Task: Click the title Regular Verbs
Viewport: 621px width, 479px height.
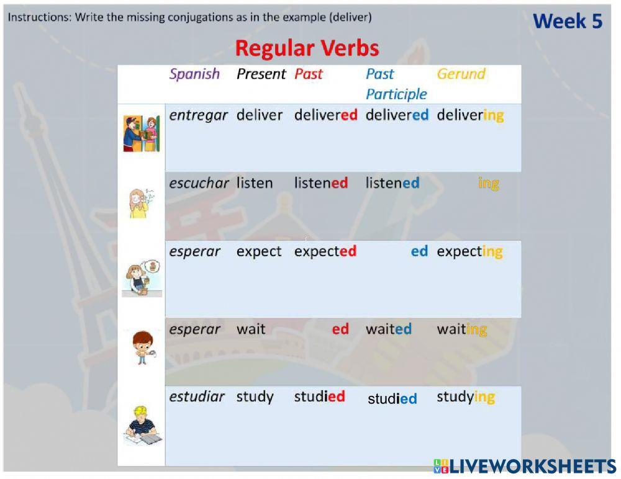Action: (307, 48)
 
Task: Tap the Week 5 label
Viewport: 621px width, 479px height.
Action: (568, 21)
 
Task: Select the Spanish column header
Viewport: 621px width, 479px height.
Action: (194, 74)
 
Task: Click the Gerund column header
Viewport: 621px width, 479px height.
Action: (461, 74)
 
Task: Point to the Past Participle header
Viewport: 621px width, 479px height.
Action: (396, 84)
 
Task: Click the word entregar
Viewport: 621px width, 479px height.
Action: (198, 115)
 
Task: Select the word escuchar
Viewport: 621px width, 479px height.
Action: (199, 183)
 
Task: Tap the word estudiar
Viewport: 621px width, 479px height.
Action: (197, 396)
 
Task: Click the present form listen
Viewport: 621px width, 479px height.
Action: (254, 183)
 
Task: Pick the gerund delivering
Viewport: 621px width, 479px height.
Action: (470, 115)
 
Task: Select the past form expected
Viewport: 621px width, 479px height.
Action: (325, 251)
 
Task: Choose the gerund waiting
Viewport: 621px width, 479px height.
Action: (461, 329)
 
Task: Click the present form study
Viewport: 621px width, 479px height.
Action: (255, 396)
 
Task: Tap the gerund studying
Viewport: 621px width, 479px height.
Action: (465, 396)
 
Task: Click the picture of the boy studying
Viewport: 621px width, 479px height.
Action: (142, 426)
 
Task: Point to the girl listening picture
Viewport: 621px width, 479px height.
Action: (141, 202)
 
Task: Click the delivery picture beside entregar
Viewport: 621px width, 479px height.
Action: (142, 133)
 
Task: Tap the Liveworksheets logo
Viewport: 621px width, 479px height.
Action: (525, 467)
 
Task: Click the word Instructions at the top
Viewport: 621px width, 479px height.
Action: (39, 17)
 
